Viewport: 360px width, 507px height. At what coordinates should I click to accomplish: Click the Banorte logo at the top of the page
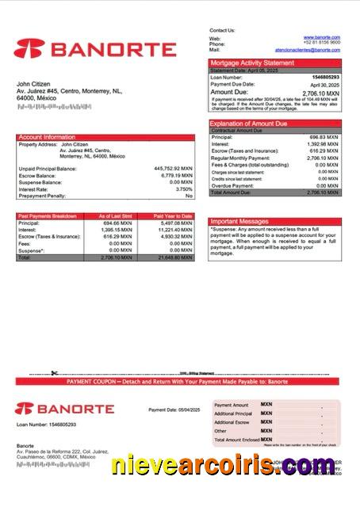[x=94, y=49]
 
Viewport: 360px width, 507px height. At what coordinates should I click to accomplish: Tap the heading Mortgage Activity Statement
[x=251, y=63]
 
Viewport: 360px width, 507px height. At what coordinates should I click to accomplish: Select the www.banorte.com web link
[x=322, y=37]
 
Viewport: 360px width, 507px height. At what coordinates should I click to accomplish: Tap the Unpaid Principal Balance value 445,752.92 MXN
[x=173, y=169]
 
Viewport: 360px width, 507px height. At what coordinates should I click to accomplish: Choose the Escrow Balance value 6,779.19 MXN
[x=176, y=176]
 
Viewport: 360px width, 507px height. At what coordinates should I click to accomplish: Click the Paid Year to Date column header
[x=173, y=215]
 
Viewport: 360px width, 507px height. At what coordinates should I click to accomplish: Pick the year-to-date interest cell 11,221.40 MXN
[x=175, y=230]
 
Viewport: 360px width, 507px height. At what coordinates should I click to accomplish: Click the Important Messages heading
[x=240, y=222]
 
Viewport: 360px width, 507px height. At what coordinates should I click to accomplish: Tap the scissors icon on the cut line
[x=54, y=373]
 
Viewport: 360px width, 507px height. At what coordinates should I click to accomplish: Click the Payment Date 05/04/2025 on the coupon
[x=170, y=410]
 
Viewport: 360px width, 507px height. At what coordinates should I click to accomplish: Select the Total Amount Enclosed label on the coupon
[x=236, y=440]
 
